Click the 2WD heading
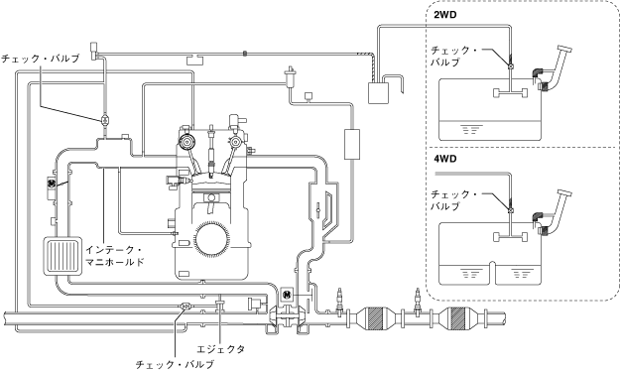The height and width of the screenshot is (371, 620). (x=444, y=15)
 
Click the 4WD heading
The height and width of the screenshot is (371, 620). (x=444, y=159)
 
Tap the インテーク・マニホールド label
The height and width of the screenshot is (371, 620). (x=115, y=256)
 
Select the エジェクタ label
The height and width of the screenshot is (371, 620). (x=220, y=349)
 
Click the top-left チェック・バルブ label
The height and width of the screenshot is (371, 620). (x=40, y=59)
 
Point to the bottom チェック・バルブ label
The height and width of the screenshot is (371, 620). (x=175, y=364)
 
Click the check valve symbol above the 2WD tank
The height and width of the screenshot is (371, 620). (x=511, y=66)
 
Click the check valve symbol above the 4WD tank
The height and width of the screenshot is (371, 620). (x=511, y=210)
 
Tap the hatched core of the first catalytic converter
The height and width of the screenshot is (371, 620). (x=375, y=317)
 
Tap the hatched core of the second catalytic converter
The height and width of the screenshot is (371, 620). (x=458, y=317)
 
